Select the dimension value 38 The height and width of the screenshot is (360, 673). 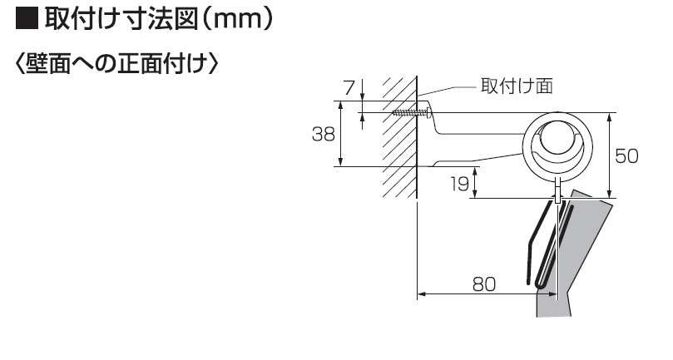tap(324, 133)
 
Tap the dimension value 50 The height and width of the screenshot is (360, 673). tap(626, 155)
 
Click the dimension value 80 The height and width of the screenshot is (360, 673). tap(483, 284)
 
